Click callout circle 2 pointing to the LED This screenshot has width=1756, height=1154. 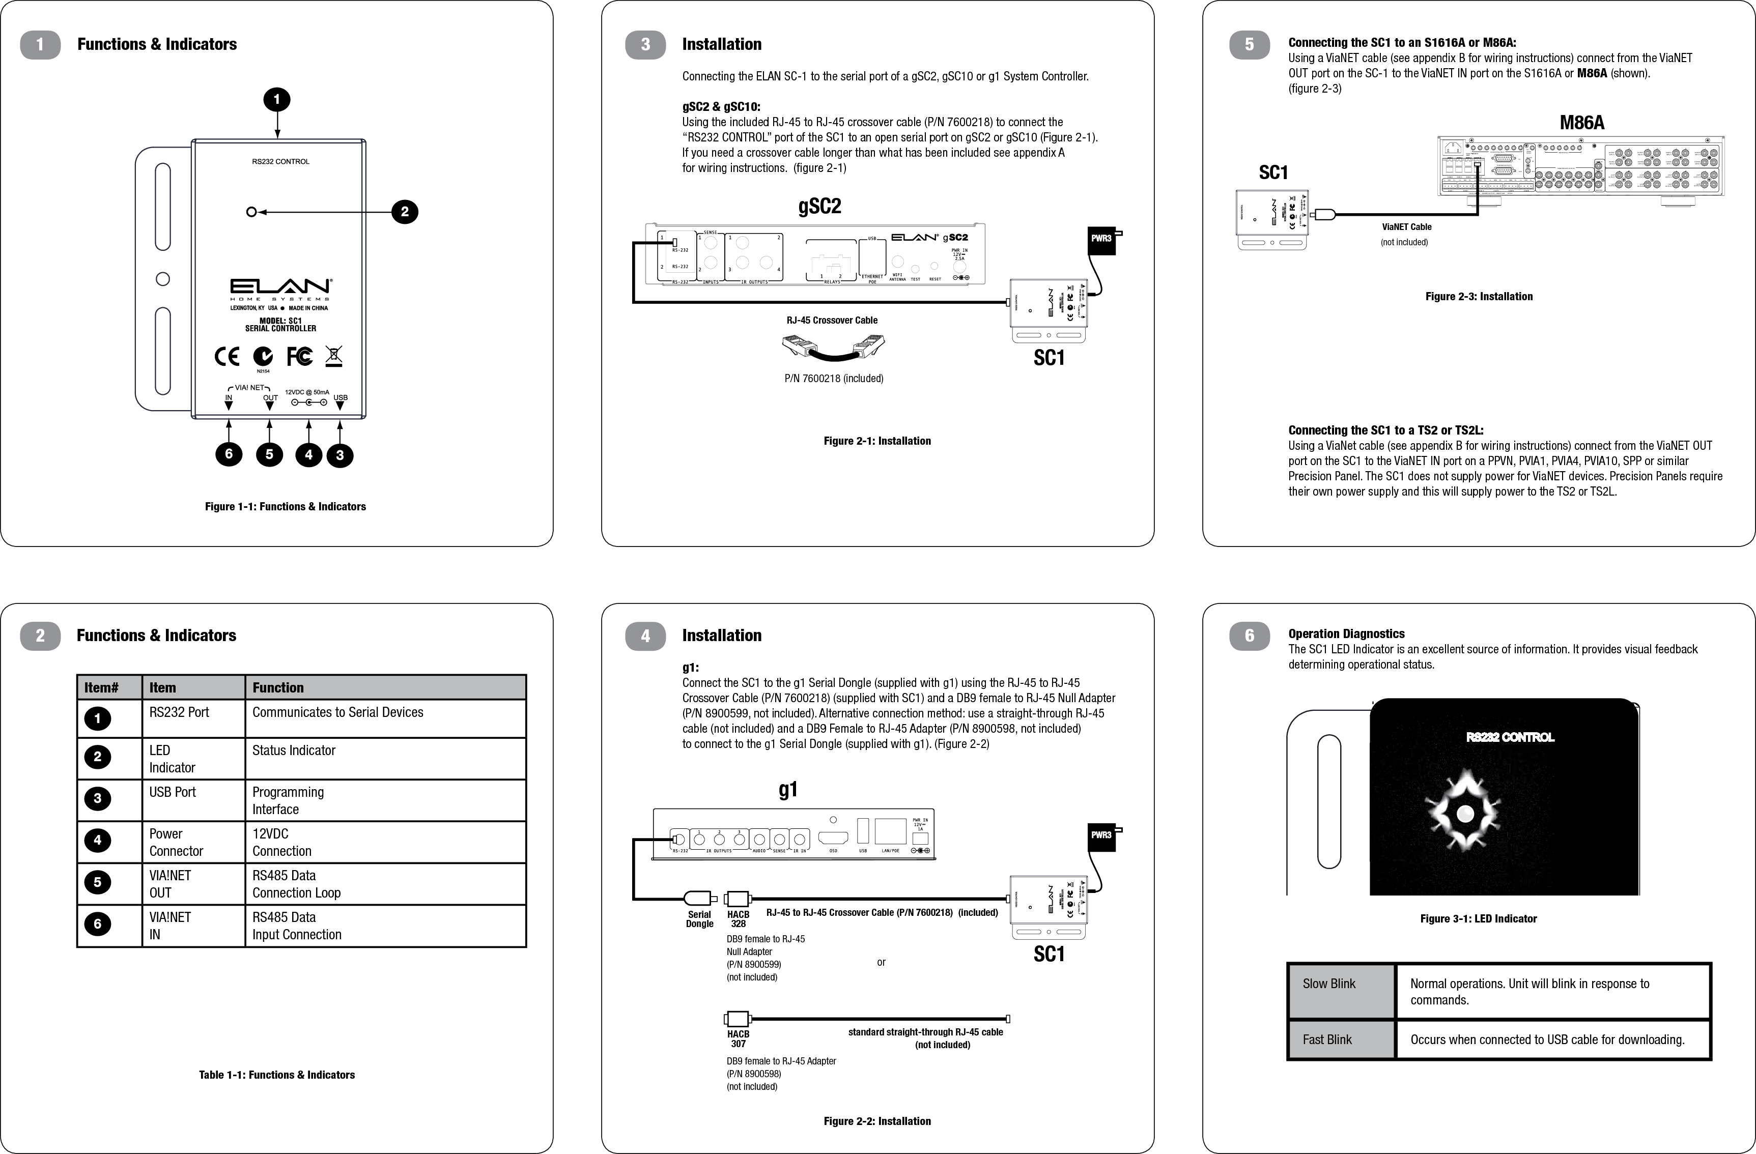point(404,212)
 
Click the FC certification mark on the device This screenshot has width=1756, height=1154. point(300,357)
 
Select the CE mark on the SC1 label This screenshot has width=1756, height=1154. point(227,357)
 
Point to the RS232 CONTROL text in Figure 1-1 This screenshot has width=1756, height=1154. point(280,161)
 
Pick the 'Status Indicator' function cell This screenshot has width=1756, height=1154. point(294,751)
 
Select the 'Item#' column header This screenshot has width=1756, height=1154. point(102,688)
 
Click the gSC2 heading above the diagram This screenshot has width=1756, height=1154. point(819,207)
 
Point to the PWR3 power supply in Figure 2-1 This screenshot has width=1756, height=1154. point(1101,239)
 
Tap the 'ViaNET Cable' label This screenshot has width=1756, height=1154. point(1406,227)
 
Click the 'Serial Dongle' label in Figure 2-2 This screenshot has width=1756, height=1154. point(699,919)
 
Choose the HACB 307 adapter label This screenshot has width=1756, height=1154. point(738,1038)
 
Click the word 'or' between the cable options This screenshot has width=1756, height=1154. point(881,962)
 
